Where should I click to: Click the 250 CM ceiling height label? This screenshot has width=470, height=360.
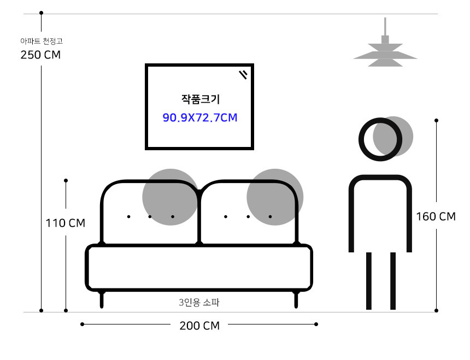(40, 55)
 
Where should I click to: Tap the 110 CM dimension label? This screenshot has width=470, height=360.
(66, 223)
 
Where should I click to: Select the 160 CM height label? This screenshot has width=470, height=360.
(436, 216)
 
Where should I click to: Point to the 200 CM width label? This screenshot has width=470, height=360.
(199, 326)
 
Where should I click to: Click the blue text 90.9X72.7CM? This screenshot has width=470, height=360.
(200, 117)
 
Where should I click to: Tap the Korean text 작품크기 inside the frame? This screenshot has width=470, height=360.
(200, 99)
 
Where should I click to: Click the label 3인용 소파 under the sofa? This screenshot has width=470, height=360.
(199, 302)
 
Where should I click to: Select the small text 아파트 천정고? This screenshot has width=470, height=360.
(41, 41)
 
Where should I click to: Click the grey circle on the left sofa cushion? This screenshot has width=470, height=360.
(170, 197)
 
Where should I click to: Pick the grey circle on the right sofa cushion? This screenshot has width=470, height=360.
(274, 197)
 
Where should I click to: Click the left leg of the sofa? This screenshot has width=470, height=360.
(102, 299)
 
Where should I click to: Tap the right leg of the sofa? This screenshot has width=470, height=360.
(296, 299)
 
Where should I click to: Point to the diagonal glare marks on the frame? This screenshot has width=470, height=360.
(244, 74)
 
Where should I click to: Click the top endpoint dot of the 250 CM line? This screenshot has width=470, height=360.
(42, 12)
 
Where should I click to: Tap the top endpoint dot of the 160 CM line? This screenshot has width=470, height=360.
(436, 120)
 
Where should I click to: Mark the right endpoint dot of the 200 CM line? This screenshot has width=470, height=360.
(316, 324)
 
